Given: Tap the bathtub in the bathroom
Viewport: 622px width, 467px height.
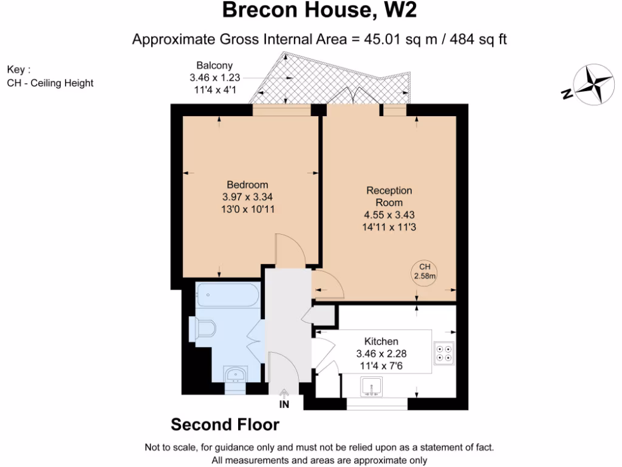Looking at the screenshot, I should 228,296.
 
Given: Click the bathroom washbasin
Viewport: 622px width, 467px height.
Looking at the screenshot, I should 234,373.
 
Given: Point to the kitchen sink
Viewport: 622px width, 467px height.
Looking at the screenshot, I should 371,386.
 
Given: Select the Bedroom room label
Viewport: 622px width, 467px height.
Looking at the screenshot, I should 247,185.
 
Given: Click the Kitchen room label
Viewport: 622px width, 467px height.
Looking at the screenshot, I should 381,341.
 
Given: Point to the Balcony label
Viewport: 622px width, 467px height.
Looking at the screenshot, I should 214,66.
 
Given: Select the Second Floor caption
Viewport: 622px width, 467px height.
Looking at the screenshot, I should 225,424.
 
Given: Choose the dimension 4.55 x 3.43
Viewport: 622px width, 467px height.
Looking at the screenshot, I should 389,215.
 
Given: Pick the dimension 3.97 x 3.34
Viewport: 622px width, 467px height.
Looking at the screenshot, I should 247,197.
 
